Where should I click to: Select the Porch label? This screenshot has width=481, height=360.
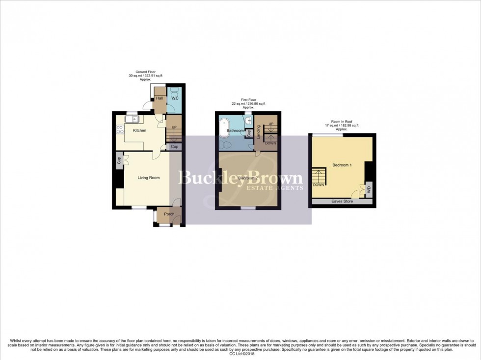coord(169,214)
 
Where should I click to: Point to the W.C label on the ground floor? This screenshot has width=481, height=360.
coord(174,98)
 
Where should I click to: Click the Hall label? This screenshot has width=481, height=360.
coord(159,99)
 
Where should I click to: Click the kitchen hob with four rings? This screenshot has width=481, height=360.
coord(119,130)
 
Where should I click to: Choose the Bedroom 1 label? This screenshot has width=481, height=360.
coord(342,165)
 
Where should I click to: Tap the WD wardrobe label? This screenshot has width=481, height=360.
coord(369,188)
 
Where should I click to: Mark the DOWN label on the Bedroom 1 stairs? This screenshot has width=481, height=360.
coord(318,185)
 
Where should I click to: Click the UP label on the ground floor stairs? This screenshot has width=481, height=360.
coord(174,127)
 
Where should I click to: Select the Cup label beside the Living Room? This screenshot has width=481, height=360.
coord(119,160)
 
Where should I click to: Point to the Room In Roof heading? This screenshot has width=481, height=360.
coord(345,122)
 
